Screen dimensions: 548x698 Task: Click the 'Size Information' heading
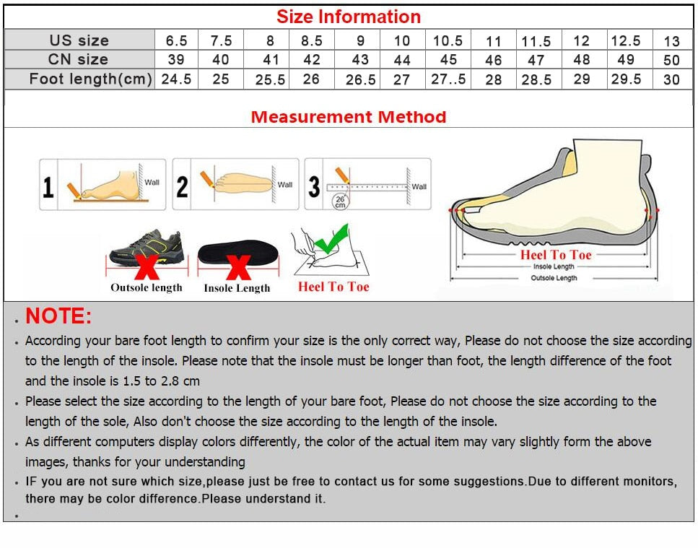coord(349,17)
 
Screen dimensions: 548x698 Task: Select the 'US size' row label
coord(79,40)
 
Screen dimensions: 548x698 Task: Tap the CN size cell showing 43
coord(359,60)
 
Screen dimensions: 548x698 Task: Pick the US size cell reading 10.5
coord(448,40)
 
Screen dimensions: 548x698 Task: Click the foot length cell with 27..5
coord(448,79)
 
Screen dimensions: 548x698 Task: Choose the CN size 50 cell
coord(671,60)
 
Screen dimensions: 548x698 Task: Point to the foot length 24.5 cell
coord(176,79)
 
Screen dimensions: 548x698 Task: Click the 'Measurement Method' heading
coord(349,117)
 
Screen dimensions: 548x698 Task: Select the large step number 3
coord(314,187)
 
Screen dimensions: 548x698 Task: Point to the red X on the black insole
coord(238,266)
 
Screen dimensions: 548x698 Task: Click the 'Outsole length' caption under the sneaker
coord(147,287)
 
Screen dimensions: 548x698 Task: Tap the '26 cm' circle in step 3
coord(339,201)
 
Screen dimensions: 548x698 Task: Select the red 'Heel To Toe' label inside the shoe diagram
coord(555,255)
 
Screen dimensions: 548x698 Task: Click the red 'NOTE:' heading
coord(58,316)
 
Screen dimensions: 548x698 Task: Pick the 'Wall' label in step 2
coord(285,184)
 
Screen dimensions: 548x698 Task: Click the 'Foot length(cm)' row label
coord(90,79)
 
